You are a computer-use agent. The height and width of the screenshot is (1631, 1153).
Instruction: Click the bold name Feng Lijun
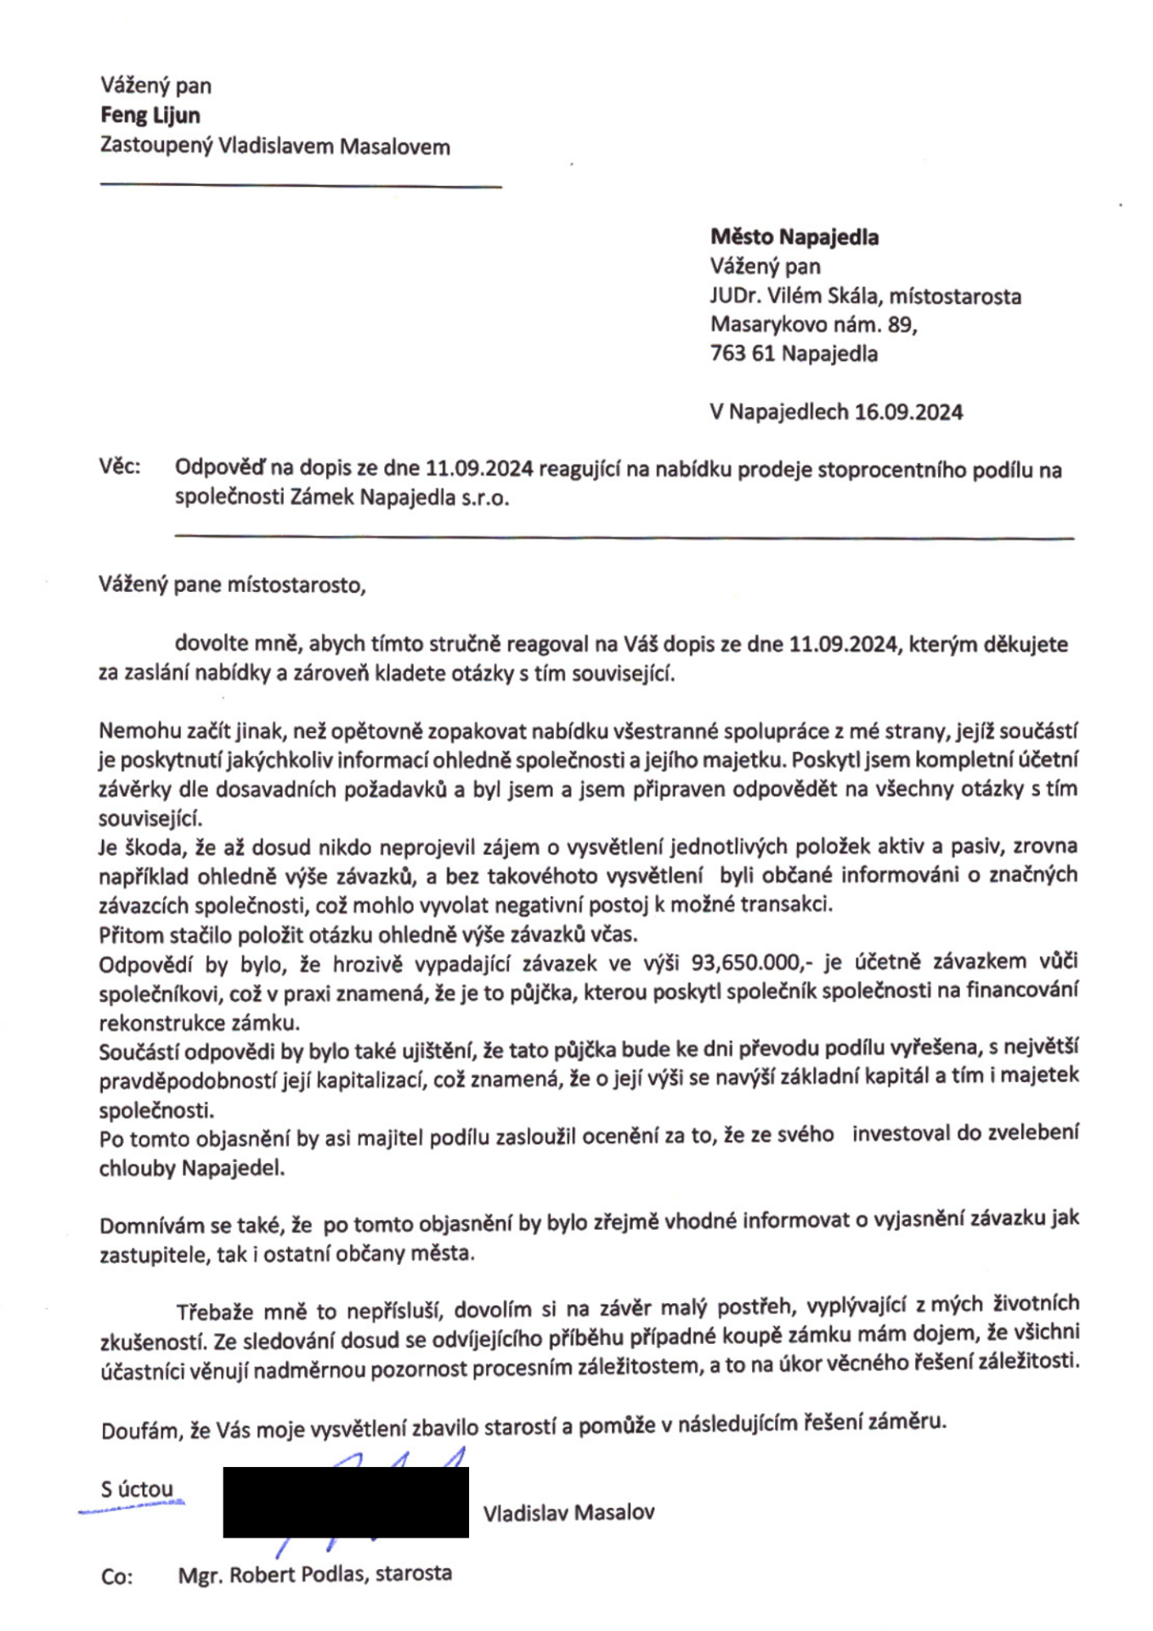pos(150,116)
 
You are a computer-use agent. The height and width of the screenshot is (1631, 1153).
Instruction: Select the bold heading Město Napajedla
pos(794,237)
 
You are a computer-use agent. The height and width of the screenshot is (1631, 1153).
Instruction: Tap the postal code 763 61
pos(742,353)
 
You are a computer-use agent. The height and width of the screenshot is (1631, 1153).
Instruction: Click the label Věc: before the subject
pos(120,466)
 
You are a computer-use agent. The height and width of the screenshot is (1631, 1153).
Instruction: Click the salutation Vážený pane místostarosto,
pos(232,585)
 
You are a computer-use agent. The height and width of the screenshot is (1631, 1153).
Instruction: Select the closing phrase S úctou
pos(137,1489)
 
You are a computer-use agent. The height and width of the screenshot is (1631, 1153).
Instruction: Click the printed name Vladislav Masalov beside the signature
pos(568,1513)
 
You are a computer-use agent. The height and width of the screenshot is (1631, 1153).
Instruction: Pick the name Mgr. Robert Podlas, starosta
pos(314,1574)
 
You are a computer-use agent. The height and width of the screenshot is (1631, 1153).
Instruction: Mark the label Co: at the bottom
pos(117,1577)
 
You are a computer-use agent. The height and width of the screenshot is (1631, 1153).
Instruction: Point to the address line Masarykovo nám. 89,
pos(813,325)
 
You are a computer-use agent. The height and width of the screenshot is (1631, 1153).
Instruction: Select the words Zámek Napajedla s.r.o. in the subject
pos(399,497)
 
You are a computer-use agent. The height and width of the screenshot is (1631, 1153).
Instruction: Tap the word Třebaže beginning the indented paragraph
pos(213,1312)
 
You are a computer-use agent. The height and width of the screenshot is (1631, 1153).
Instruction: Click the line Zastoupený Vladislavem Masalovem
pos(274,146)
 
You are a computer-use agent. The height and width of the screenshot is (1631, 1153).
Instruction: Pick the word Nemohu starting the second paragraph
pos(133,731)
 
